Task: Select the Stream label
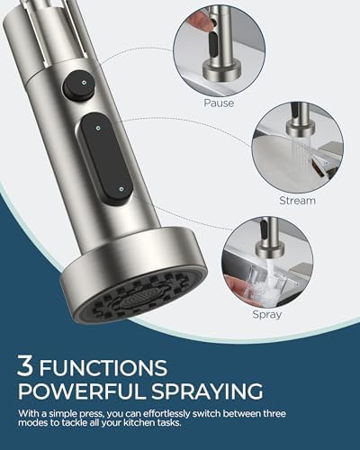click(298, 201)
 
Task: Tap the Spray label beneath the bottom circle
click(268, 315)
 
